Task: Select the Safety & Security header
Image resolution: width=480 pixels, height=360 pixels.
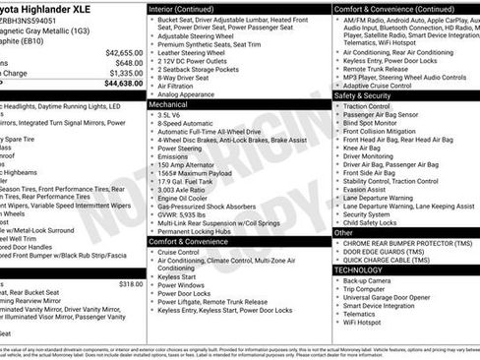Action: [x=363, y=95]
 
